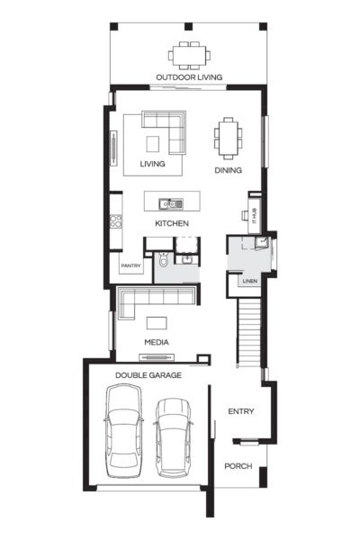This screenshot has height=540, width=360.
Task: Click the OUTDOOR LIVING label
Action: click(x=188, y=76)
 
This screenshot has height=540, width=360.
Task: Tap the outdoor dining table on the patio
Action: click(x=189, y=55)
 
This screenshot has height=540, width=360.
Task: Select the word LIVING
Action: click(x=153, y=166)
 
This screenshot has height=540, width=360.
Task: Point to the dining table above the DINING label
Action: click(x=227, y=138)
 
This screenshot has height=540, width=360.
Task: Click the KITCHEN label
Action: click(x=171, y=222)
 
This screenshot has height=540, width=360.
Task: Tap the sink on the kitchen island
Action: click(x=167, y=203)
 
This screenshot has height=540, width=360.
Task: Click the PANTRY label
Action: click(x=132, y=266)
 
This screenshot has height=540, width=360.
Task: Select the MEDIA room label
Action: click(x=157, y=343)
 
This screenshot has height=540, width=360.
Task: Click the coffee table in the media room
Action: click(x=157, y=322)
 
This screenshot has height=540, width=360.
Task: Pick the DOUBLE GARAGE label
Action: click(x=148, y=374)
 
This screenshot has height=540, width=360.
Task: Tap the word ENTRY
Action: click(x=240, y=412)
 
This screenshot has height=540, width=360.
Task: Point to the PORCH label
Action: click(x=239, y=466)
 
